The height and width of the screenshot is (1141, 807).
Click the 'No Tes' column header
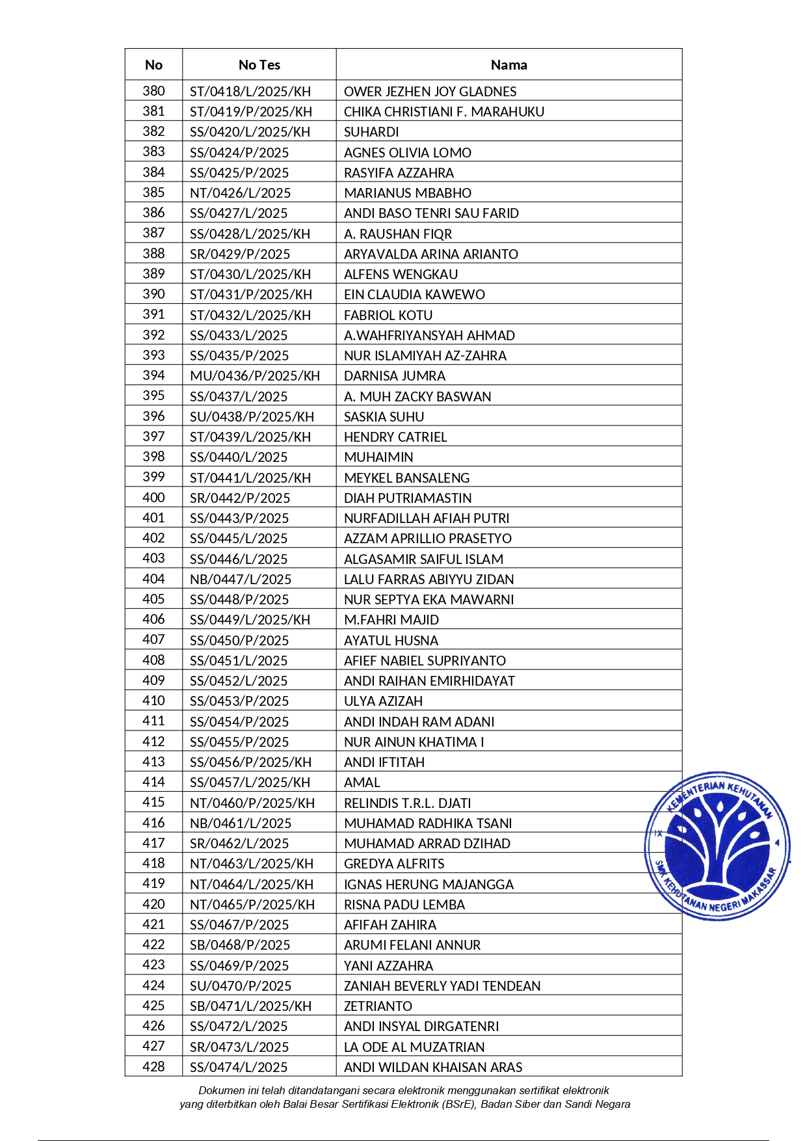259,65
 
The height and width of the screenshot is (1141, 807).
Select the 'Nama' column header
509,65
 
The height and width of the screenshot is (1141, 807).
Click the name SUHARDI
371,132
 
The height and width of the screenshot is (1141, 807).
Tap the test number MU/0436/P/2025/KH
255,376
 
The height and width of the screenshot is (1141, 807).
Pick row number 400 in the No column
153,498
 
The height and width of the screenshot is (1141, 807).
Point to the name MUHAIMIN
378,457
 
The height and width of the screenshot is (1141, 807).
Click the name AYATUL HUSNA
391,640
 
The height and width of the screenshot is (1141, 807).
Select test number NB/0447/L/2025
241,579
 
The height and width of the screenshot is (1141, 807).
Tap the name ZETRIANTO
378,1006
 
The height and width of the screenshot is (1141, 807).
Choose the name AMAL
362,783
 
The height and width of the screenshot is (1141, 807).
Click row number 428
153,1067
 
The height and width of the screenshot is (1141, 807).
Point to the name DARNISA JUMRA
395,376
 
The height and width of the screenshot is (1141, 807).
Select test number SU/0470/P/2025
241,986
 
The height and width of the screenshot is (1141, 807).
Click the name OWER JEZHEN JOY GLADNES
430,92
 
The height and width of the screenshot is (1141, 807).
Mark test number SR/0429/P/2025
240,254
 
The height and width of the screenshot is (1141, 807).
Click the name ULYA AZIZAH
383,701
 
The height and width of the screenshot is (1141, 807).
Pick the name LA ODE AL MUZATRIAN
414,1047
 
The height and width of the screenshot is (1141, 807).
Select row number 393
153,355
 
